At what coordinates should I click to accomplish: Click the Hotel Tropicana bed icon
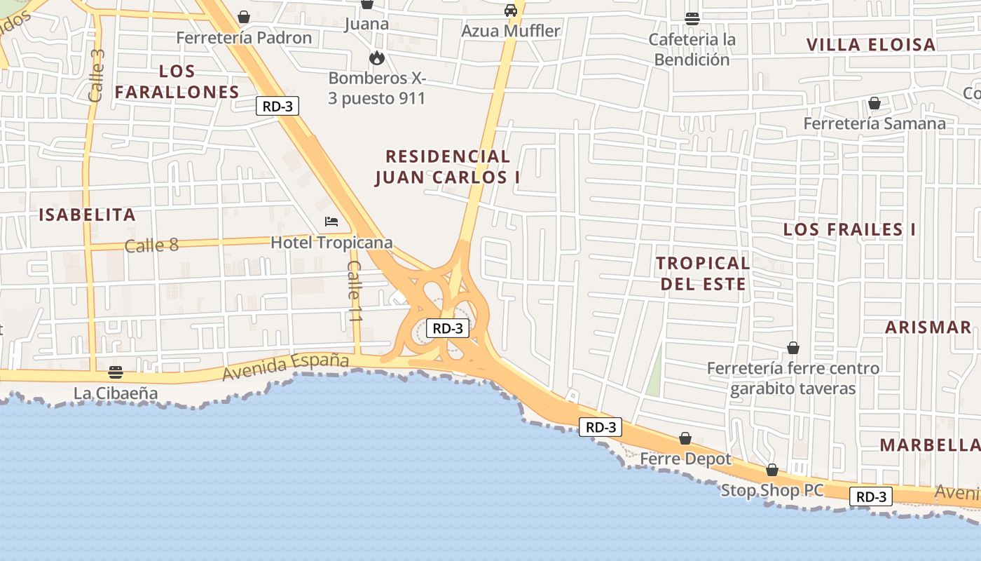[x=331, y=222]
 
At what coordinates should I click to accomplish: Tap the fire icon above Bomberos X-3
[x=377, y=58]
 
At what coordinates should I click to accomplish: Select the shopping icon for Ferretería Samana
[x=874, y=104]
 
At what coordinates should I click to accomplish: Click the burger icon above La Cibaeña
[x=116, y=372]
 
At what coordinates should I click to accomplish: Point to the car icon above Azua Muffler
[x=511, y=11]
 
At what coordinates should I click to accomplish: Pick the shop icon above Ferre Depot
[x=685, y=439]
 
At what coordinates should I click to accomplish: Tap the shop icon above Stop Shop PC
[x=771, y=470]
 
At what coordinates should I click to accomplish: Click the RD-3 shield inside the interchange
[x=448, y=328]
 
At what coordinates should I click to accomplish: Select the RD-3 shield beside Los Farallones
[x=277, y=107]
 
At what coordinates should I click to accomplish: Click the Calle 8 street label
[x=151, y=245]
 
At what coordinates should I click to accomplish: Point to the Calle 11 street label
[x=355, y=291]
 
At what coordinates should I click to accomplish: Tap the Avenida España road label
[x=285, y=366]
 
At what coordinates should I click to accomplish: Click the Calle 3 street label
[x=97, y=76]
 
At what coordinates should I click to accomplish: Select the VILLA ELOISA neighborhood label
[x=871, y=45]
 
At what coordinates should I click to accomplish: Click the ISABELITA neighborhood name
[x=87, y=215]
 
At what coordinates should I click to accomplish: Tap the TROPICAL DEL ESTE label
[x=703, y=273]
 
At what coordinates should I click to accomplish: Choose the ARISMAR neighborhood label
[x=928, y=327]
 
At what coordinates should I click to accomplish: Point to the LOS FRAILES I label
[x=849, y=230]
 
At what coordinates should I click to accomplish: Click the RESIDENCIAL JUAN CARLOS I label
[x=448, y=167]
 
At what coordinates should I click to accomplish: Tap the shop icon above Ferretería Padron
[x=244, y=16]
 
